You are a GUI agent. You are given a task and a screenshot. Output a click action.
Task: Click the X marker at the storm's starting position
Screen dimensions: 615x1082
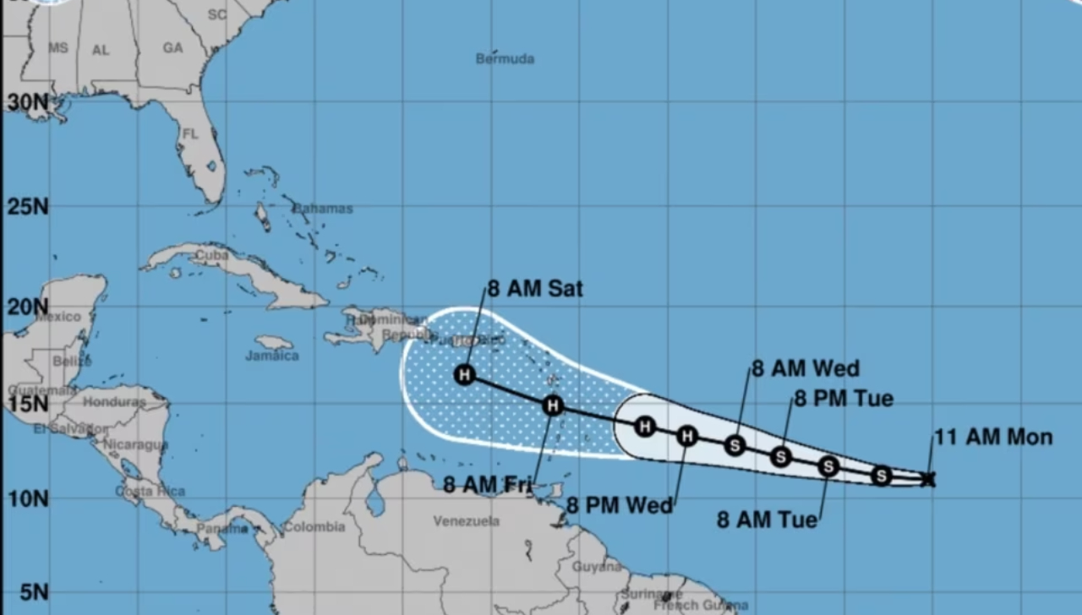click(x=928, y=479)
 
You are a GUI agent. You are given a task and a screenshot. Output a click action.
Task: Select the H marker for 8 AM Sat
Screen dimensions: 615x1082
click(x=465, y=374)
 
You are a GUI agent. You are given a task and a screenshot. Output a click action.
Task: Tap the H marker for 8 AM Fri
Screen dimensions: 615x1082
click(x=553, y=405)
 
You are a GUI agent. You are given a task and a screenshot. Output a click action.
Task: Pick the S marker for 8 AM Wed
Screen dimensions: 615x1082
click(x=735, y=445)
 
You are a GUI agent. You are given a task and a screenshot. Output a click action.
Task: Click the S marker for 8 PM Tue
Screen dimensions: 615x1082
click(x=781, y=456)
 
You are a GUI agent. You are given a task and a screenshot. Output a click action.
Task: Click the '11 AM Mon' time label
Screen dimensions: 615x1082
click(x=993, y=437)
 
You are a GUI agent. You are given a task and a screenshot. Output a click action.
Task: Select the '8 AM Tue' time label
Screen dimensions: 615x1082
click(x=768, y=520)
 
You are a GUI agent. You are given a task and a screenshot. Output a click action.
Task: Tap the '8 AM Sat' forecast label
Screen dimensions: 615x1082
click(x=535, y=289)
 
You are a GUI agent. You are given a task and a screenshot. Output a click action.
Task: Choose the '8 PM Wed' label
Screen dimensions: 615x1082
click(x=620, y=505)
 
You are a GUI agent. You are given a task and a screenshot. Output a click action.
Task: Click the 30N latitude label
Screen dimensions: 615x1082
click(x=28, y=102)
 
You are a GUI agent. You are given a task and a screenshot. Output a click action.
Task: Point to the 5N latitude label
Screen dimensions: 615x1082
click(x=34, y=592)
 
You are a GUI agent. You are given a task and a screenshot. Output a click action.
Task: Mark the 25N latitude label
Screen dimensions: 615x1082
click(x=28, y=206)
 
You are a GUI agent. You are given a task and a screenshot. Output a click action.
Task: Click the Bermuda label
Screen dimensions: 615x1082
click(x=505, y=59)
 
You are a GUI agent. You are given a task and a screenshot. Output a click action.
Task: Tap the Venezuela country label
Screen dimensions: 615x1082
click(x=466, y=521)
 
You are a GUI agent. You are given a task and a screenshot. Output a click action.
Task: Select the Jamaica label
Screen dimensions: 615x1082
click(x=272, y=356)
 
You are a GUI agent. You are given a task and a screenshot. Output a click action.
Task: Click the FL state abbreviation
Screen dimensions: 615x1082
click(x=190, y=134)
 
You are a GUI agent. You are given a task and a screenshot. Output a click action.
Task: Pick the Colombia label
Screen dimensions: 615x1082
click(x=314, y=527)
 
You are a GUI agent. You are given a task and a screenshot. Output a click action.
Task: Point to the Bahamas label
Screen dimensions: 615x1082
click(x=323, y=209)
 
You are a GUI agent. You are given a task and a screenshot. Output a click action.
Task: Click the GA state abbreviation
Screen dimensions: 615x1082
click(x=172, y=48)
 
